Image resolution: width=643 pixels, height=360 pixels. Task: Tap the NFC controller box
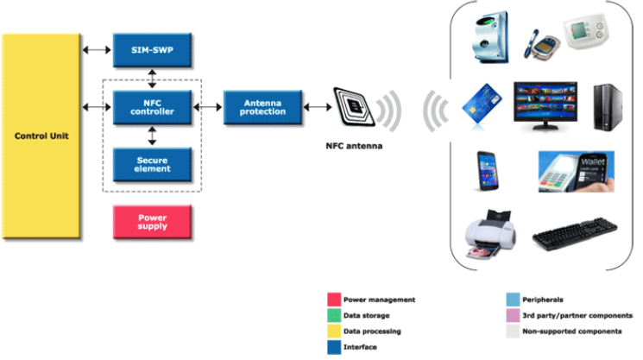tap(153, 106)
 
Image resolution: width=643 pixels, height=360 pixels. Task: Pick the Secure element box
tap(153, 163)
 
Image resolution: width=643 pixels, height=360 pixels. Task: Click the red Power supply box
tap(153, 222)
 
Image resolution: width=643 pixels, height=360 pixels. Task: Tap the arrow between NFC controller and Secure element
tap(153, 135)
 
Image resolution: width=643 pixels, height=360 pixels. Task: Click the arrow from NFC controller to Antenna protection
tap(207, 106)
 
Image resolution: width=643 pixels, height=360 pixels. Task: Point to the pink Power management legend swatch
tap(335, 300)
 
